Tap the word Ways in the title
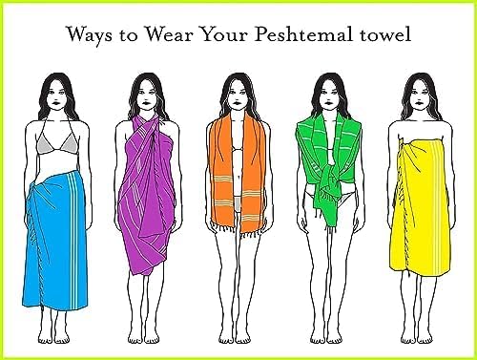click(89, 35)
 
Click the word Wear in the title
click(169, 34)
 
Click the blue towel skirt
click(54, 242)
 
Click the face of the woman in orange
click(236, 96)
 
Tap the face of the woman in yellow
click(420, 96)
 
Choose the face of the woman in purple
click(146, 96)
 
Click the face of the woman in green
click(328, 96)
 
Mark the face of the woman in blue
click(56, 96)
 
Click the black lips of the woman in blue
click(56, 103)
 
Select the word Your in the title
click(224, 34)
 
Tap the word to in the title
click(129, 35)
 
